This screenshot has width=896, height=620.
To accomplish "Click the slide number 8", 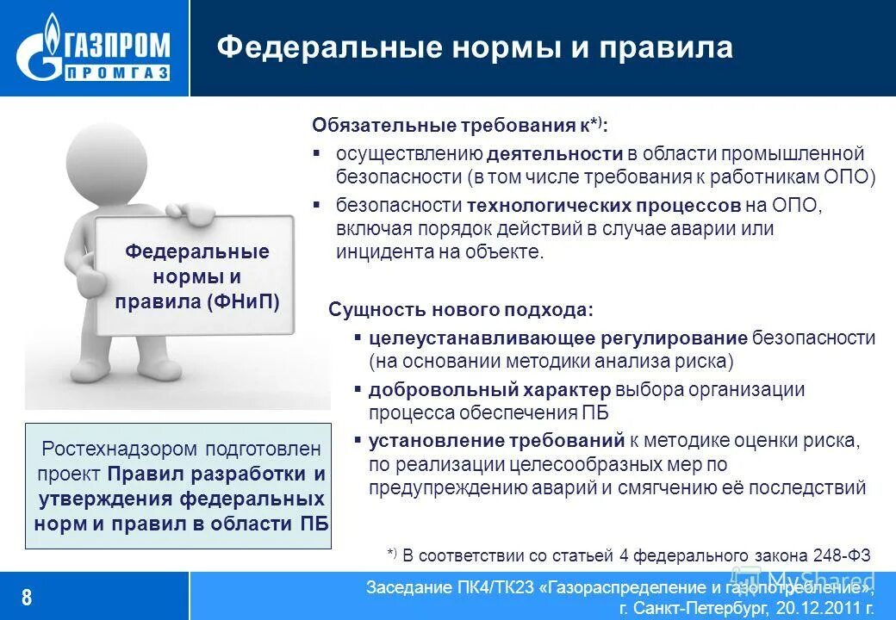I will tap(27, 597).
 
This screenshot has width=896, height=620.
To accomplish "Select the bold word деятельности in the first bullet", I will tap(555, 154).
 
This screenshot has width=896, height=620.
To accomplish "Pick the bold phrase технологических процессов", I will tap(604, 206).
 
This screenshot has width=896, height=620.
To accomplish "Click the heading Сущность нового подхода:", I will tap(461, 310).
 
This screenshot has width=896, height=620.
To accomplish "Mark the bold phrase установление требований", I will tap(496, 441).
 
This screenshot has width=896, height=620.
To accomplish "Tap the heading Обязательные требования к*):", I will tap(459, 126).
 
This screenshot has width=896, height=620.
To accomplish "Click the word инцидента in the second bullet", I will tap(376, 252).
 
